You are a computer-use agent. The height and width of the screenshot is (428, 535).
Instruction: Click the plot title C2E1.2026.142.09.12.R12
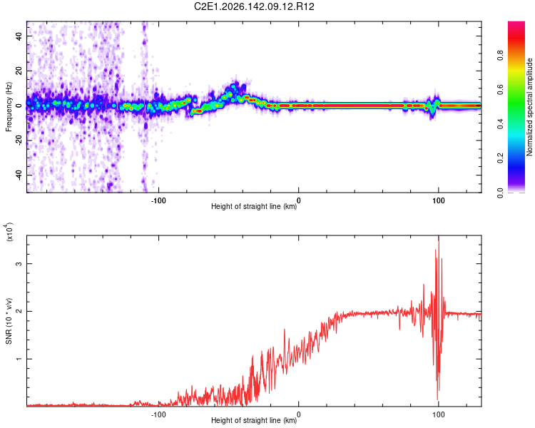coord(254,6)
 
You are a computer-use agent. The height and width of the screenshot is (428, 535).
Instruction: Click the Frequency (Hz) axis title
coord(9,107)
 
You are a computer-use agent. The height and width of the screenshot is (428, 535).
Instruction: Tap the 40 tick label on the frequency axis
coord(19,36)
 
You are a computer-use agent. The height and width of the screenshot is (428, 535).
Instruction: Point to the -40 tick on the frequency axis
coord(19,175)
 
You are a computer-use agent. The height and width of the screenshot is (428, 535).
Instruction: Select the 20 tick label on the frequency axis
coord(19,71)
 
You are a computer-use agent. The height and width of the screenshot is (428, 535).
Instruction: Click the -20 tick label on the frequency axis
coord(19,141)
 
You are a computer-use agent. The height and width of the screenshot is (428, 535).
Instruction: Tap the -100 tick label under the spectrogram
coord(158,200)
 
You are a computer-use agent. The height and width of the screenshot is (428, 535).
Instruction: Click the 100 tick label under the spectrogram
coord(439,200)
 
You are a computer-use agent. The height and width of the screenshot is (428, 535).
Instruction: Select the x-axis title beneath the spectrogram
coord(254,206)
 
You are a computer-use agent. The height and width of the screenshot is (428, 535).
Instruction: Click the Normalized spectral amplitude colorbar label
coord(529,107)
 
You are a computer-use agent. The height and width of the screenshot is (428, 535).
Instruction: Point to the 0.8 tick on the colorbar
coord(501,56)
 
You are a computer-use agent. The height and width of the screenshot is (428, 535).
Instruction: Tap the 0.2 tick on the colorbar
coord(501,158)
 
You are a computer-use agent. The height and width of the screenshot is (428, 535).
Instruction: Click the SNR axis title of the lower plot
coord(9,321)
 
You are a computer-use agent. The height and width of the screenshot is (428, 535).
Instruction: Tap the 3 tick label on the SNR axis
coord(19,263)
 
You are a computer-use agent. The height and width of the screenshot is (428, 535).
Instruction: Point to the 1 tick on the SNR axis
coord(19,359)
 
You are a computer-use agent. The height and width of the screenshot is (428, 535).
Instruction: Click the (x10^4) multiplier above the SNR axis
coord(9,232)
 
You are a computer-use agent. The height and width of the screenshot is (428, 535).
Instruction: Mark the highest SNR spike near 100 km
coord(439,237)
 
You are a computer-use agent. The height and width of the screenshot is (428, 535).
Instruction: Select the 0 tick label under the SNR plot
coord(299,414)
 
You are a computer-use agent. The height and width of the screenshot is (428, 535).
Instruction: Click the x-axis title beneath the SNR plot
coord(254,420)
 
